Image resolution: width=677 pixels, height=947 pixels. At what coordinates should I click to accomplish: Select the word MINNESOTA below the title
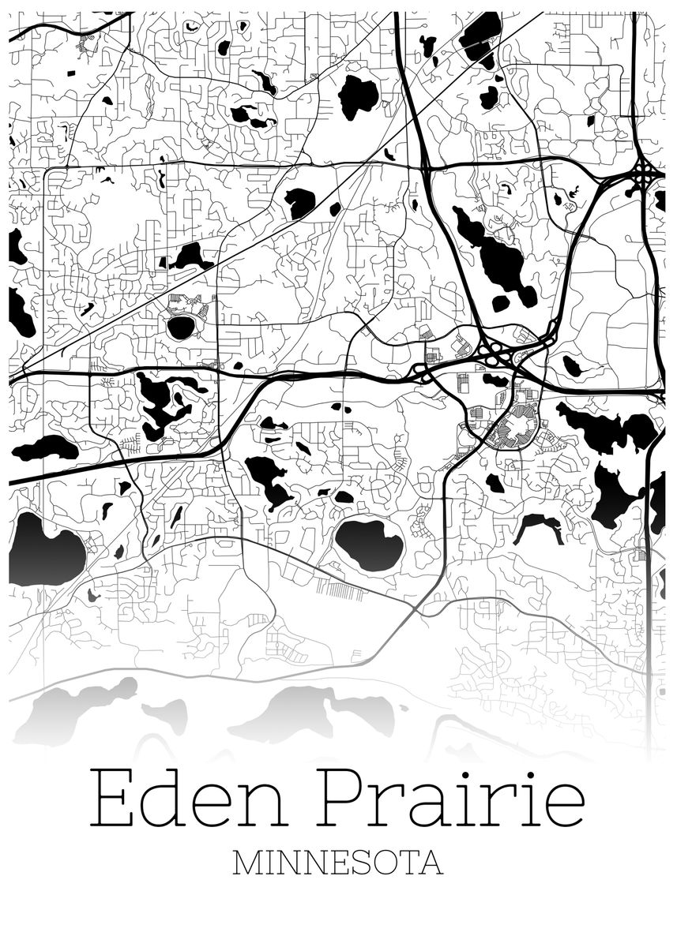coord(338,863)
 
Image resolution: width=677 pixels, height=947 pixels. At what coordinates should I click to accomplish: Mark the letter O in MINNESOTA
coord(384,863)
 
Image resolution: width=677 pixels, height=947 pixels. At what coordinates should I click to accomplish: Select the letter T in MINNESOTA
coord(408,863)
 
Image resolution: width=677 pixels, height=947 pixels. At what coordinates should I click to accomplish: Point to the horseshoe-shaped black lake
coord(537,526)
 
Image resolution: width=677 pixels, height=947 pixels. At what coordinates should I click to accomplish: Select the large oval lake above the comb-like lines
coord(369,543)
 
